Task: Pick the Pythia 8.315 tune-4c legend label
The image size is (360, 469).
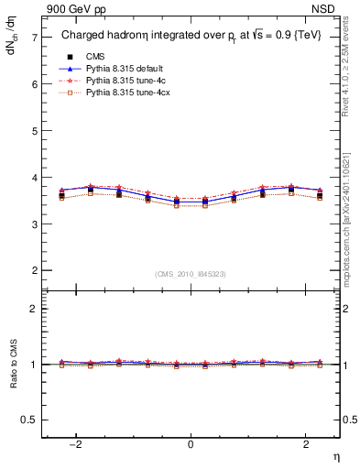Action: point(124,82)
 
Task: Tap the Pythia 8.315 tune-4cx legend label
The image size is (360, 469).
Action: point(125,94)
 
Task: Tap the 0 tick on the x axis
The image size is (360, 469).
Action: point(191,444)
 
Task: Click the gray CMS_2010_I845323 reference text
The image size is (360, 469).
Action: point(191,274)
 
